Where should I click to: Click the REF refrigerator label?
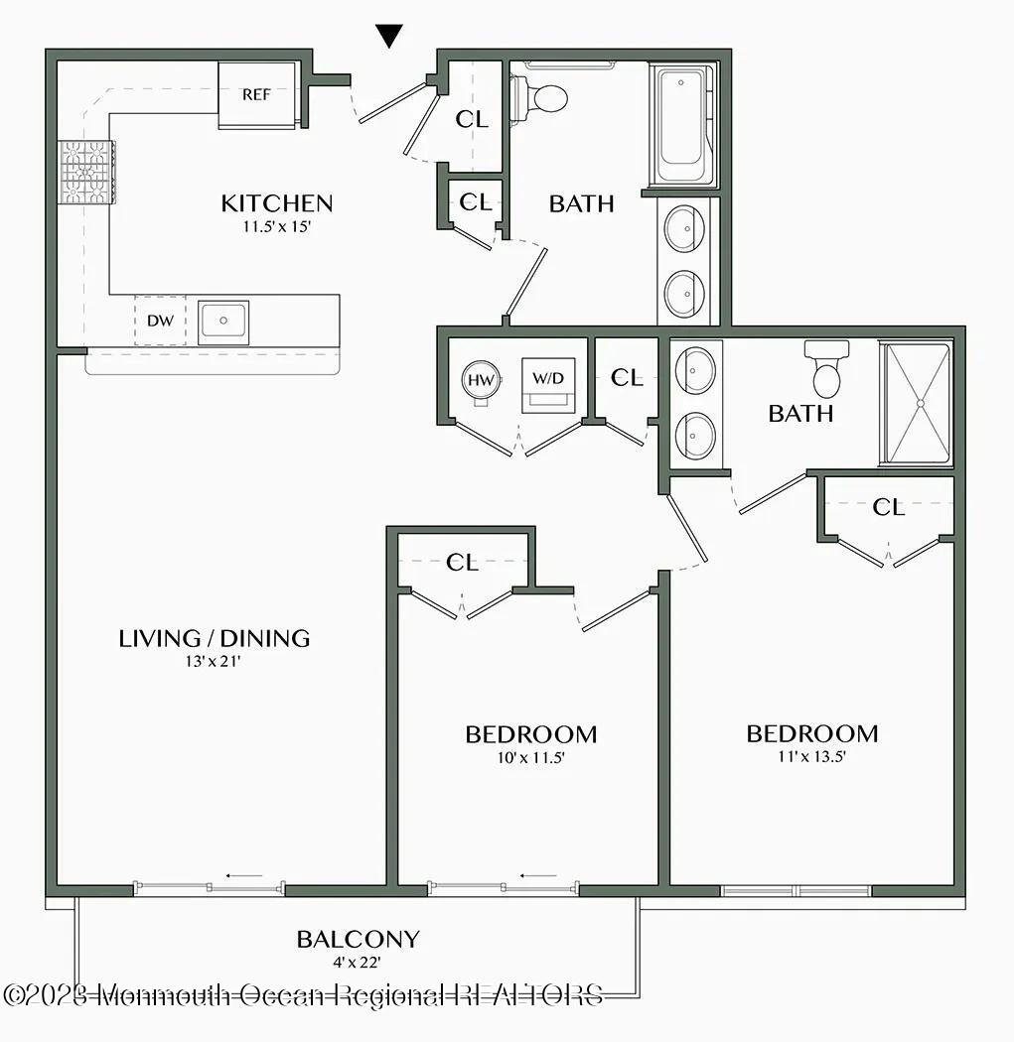tap(256, 95)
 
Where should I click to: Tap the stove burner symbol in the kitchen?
tap(86, 172)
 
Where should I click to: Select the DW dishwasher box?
tap(159, 322)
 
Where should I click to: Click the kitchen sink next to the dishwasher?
tap(223, 322)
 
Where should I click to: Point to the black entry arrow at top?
tap(390, 37)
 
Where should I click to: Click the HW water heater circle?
tap(481, 379)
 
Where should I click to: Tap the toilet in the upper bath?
tap(541, 98)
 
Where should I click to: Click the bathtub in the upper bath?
tap(683, 124)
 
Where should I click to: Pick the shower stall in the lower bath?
tap(918, 403)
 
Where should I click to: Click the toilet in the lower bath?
tap(826, 369)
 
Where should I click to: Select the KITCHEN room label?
tap(276, 203)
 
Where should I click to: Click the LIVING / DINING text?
tap(215, 638)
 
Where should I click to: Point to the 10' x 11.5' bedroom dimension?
tap(531, 757)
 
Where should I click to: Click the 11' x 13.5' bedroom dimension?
tap(812, 756)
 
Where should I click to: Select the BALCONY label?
tap(358, 939)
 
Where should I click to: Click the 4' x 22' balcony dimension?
tap(358, 961)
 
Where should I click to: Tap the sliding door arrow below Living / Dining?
tap(244, 876)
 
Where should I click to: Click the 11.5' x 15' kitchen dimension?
tap(276, 225)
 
